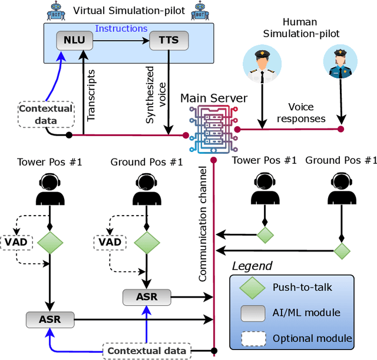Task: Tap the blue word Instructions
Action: coord(121,28)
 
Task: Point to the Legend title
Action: coord(252,266)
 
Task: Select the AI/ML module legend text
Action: coord(306,313)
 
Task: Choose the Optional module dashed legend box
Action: coord(254,338)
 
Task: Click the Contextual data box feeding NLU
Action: coord(46,114)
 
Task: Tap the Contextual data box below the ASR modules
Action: coord(147,351)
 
